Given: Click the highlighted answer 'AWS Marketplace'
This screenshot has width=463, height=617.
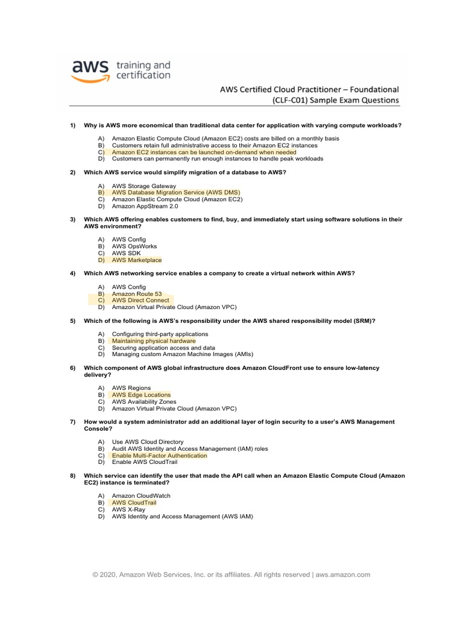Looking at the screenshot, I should point(137,260).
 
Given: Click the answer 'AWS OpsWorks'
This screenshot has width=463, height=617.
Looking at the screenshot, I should point(134,246).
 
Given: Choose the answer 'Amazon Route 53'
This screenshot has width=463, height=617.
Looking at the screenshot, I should point(137,293).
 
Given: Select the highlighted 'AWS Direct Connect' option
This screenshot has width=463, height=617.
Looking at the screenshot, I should point(140,300).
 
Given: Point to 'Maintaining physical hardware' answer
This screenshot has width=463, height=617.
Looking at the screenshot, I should point(154,341).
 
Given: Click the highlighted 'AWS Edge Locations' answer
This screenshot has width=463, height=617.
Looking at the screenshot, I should point(141,395).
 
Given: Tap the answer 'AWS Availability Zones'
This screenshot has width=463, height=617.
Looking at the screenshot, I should point(144,401).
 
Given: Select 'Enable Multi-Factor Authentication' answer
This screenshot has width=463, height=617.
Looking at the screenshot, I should point(159,456).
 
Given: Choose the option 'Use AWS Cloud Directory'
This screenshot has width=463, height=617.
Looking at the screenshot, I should point(148,442).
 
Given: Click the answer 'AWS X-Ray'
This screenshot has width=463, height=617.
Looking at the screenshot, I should point(128,509).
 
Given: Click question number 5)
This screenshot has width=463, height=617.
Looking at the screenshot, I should point(72,321).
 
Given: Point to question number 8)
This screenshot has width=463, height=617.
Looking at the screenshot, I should point(72,475).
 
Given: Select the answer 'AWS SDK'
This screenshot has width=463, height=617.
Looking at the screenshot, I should point(126,253).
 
